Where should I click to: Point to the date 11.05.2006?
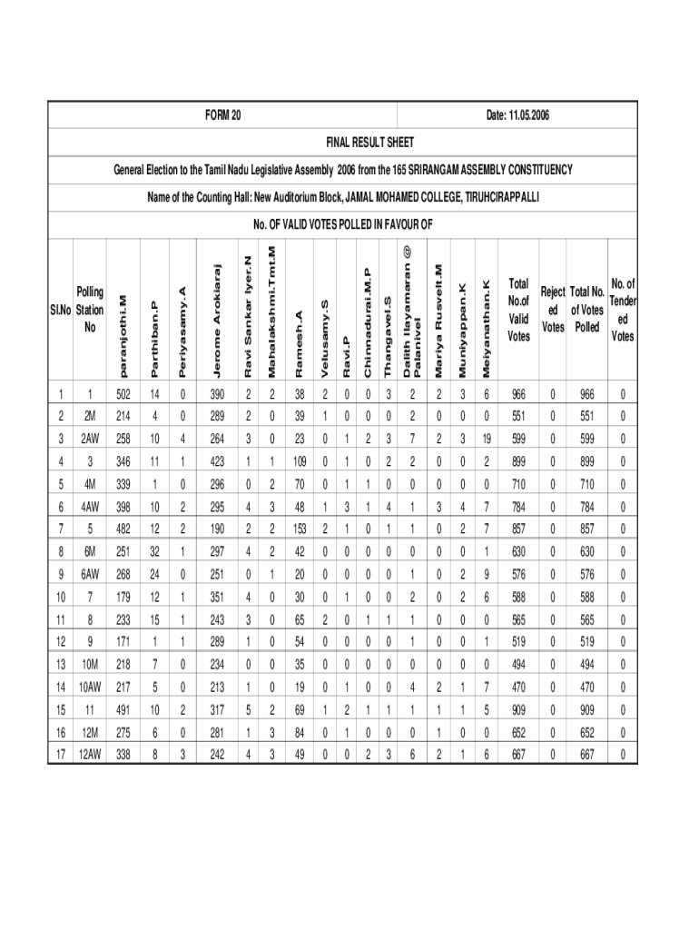[x=518, y=116]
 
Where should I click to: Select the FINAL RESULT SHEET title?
[x=370, y=143]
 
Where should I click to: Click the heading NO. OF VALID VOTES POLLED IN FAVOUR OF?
[x=343, y=224]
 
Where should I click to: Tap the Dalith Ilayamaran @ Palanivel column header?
[x=412, y=310]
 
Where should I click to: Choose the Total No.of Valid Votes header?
[x=518, y=310]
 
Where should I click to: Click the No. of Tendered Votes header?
[x=623, y=310]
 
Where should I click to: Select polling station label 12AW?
[x=90, y=754]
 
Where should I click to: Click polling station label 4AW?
[x=90, y=507]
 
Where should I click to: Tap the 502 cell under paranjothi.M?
[x=123, y=394]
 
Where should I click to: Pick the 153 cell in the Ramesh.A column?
[x=300, y=529]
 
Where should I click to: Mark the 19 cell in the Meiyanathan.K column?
[x=486, y=440]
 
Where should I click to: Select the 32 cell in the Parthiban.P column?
[x=154, y=551]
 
